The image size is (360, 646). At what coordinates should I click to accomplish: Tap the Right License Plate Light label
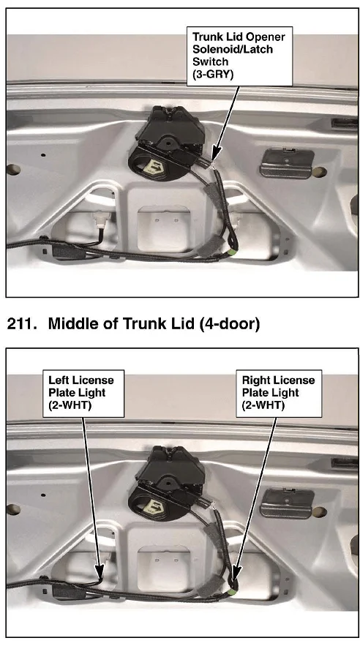coord(279,393)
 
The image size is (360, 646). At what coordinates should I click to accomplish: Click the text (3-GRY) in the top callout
coord(213,75)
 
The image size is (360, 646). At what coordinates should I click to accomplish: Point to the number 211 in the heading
coord(19,324)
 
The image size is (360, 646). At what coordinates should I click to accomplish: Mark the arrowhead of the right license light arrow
coord(236,574)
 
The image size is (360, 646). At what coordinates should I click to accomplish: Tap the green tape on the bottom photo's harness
coord(231,592)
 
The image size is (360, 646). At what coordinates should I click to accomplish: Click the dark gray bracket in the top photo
coord(287,163)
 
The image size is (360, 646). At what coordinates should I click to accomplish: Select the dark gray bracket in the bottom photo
coord(287,503)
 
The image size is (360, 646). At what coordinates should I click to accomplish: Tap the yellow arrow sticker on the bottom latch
coord(155,506)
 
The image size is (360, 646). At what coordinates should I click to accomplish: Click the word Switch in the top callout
coord(210,61)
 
